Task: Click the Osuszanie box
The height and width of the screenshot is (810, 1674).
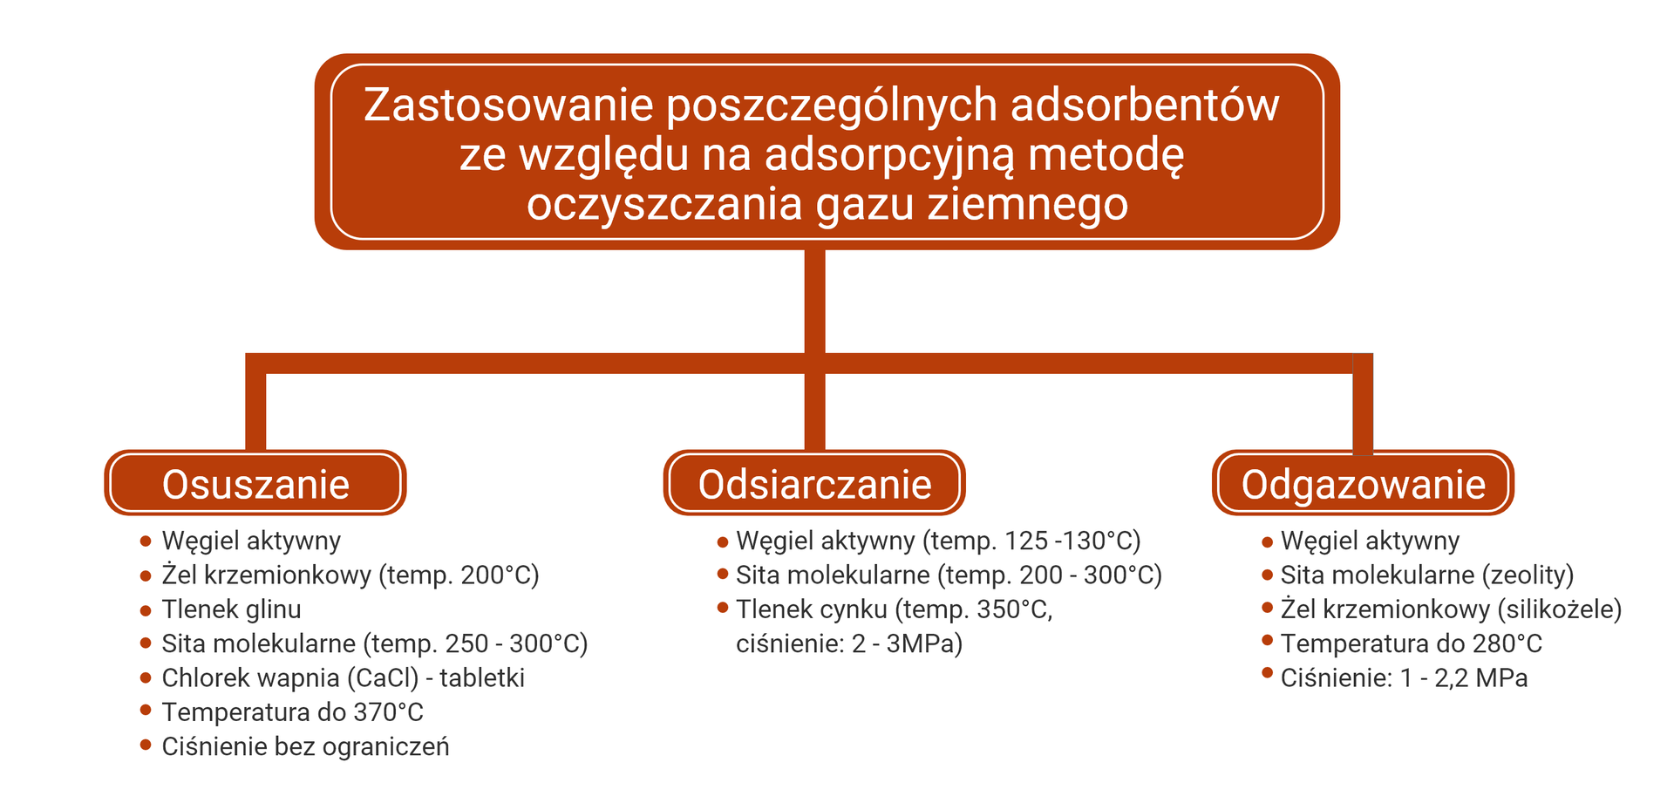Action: pyautogui.click(x=255, y=484)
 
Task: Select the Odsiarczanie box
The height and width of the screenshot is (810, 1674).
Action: pyautogui.click(x=814, y=484)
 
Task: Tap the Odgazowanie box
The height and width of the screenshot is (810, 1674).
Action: pyautogui.click(x=1363, y=484)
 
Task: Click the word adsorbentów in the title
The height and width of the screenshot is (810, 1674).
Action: pyautogui.click(x=1144, y=106)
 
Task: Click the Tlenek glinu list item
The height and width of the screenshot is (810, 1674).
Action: pyautogui.click(x=231, y=609)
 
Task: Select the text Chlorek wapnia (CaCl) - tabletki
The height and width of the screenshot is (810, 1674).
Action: pyautogui.click(x=343, y=677)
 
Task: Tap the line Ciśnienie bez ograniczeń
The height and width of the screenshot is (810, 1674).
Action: pyautogui.click(x=305, y=746)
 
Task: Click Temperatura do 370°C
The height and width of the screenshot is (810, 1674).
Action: pyautogui.click(x=292, y=712)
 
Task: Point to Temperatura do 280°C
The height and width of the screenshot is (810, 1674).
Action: pyautogui.click(x=1411, y=643)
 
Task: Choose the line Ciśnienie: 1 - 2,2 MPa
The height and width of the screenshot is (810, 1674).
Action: pyautogui.click(x=1404, y=677)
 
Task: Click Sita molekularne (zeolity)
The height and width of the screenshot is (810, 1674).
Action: pyautogui.click(x=1426, y=575)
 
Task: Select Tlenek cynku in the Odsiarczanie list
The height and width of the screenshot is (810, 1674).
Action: pyautogui.click(x=811, y=609)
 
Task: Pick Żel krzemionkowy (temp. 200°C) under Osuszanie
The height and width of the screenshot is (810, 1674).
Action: pyautogui.click(x=350, y=575)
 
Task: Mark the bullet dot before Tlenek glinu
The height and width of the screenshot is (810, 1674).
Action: pyautogui.click(x=146, y=609)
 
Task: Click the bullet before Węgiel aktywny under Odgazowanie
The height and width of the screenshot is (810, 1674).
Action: pyautogui.click(x=1267, y=541)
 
